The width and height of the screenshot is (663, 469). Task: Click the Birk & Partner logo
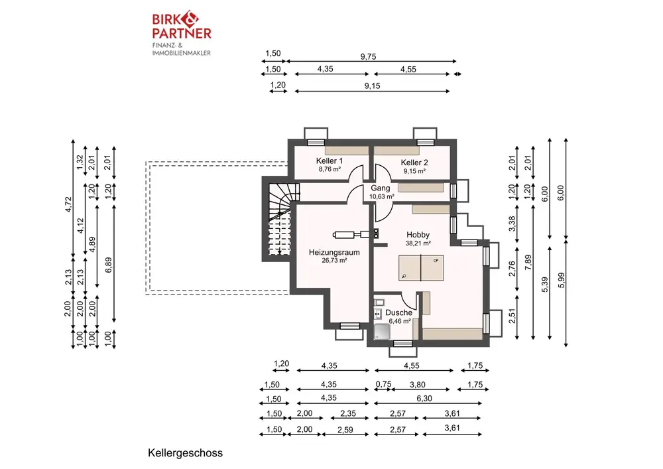tap(182, 34)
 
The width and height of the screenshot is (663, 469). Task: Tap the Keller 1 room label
tap(330, 161)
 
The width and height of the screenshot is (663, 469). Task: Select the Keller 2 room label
tap(414, 163)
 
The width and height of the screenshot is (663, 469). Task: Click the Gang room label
tap(381, 188)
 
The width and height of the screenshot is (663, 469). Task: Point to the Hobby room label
tap(418, 235)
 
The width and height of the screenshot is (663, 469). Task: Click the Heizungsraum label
tap(334, 253)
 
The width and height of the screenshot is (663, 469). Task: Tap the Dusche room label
tap(398, 312)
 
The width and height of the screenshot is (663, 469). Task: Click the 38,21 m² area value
tap(418, 243)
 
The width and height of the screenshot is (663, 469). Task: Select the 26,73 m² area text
tap(334, 261)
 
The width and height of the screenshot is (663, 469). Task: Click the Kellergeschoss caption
tap(185, 453)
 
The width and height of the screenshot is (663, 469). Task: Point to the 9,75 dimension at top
tap(368, 56)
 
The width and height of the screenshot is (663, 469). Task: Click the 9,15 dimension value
tap(372, 86)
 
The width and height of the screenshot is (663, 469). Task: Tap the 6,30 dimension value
tap(424, 399)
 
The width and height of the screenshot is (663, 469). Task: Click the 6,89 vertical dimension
tap(108, 265)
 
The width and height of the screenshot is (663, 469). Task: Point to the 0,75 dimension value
tap(383, 384)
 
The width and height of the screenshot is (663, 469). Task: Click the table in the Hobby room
tap(421, 268)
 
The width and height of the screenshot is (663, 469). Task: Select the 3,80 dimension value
tap(417, 385)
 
